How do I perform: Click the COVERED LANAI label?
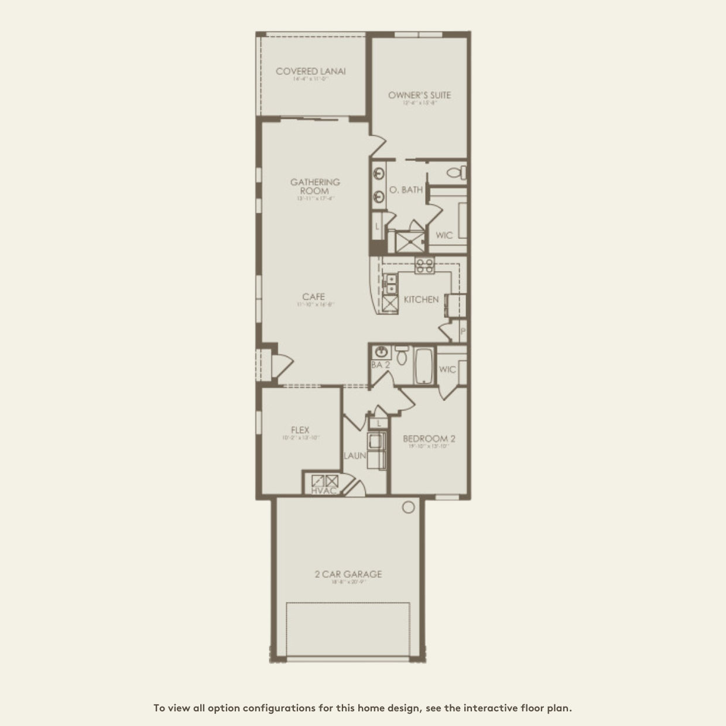pos(310,71)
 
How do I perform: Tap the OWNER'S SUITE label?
pos(419,95)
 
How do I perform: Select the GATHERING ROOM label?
pos(315,186)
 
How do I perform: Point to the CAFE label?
pos(313,297)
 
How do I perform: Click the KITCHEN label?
pos(421,299)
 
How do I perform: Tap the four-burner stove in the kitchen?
pos(424,266)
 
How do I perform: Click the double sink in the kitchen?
pos(389,284)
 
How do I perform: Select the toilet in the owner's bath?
pos(456,173)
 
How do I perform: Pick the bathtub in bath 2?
pos(422,366)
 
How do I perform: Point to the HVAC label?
pos(324,490)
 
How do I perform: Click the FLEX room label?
pos(300,430)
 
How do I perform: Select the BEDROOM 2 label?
pos(429,439)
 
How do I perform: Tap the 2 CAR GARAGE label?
pos(348,574)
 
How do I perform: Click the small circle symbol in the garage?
pos(409,507)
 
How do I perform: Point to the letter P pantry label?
pos(463,331)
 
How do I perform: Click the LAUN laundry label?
pos(355,455)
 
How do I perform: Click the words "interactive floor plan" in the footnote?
pos(517,708)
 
